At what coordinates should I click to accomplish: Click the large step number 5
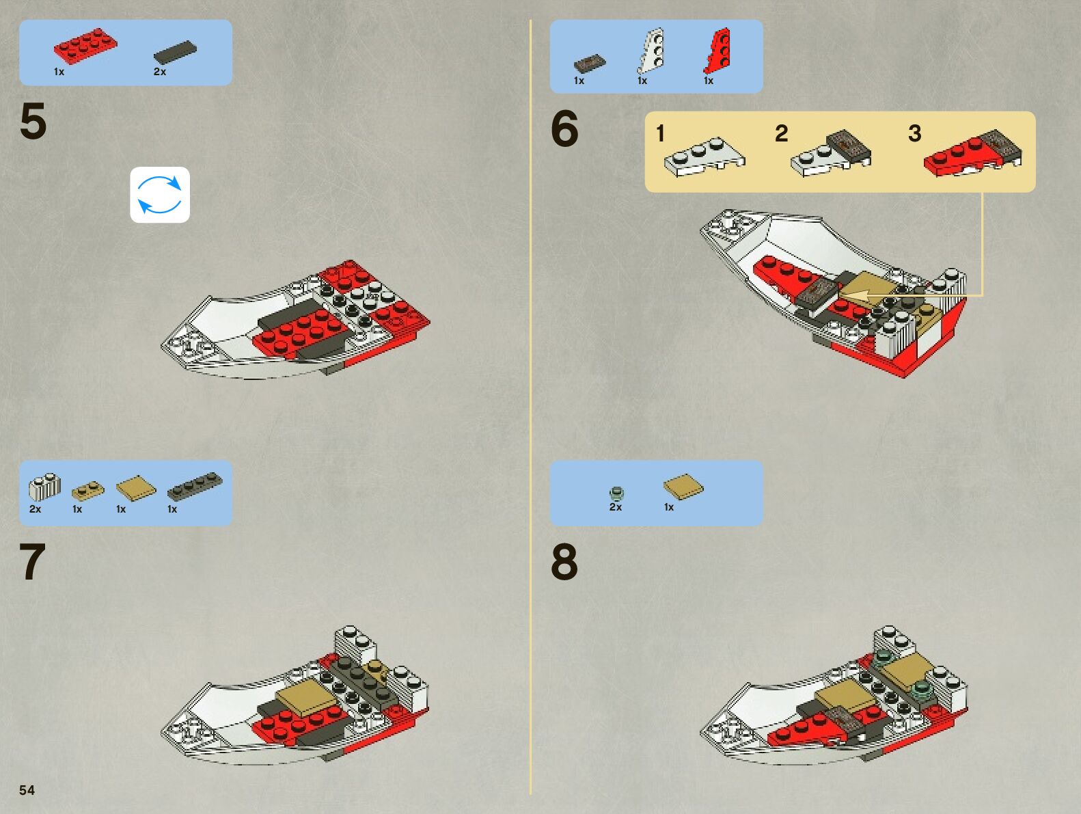click(33, 121)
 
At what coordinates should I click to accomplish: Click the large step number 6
click(564, 128)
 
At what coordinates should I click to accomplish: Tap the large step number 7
click(33, 561)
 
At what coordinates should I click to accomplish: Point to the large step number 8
click(564, 562)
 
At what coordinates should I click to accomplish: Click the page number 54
click(27, 790)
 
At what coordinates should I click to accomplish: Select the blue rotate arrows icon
click(160, 195)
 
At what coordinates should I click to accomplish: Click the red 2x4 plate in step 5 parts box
click(85, 46)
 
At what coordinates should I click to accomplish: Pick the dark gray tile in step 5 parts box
click(175, 52)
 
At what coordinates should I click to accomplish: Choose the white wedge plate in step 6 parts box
click(651, 51)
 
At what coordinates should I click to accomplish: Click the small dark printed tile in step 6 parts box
click(590, 64)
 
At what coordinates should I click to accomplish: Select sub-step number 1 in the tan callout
click(660, 133)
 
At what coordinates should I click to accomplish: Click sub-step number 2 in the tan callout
click(781, 133)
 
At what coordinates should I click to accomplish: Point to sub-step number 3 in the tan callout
click(914, 133)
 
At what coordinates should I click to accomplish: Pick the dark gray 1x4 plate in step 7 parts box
click(195, 487)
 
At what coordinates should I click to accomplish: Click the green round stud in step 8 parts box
click(616, 493)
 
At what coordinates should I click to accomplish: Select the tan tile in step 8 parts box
click(683, 487)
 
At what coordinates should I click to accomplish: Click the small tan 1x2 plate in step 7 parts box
click(88, 491)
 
